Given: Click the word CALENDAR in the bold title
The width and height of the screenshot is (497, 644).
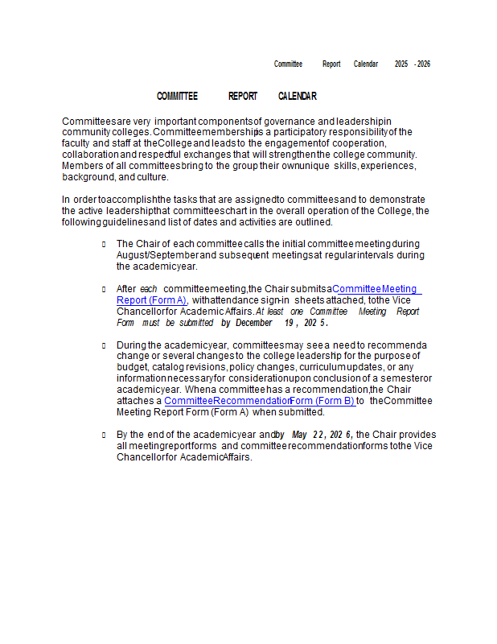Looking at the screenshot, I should click(297, 97).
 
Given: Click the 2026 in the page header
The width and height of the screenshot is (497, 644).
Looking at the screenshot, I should click(423, 64).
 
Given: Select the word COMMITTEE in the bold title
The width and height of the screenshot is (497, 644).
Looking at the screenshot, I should click(177, 97).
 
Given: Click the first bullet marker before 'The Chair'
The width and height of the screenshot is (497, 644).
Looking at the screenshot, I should click(104, 244).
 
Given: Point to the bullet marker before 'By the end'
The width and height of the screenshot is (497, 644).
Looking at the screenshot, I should click(104, 435).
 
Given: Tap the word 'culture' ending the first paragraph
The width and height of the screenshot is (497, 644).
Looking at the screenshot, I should click(153, 177).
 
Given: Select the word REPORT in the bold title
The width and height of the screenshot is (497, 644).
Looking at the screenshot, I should click(243, 97).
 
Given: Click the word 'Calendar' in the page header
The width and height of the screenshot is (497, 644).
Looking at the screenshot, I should click(366, 64).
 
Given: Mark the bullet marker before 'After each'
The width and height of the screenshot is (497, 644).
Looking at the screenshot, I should click(104, 289).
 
